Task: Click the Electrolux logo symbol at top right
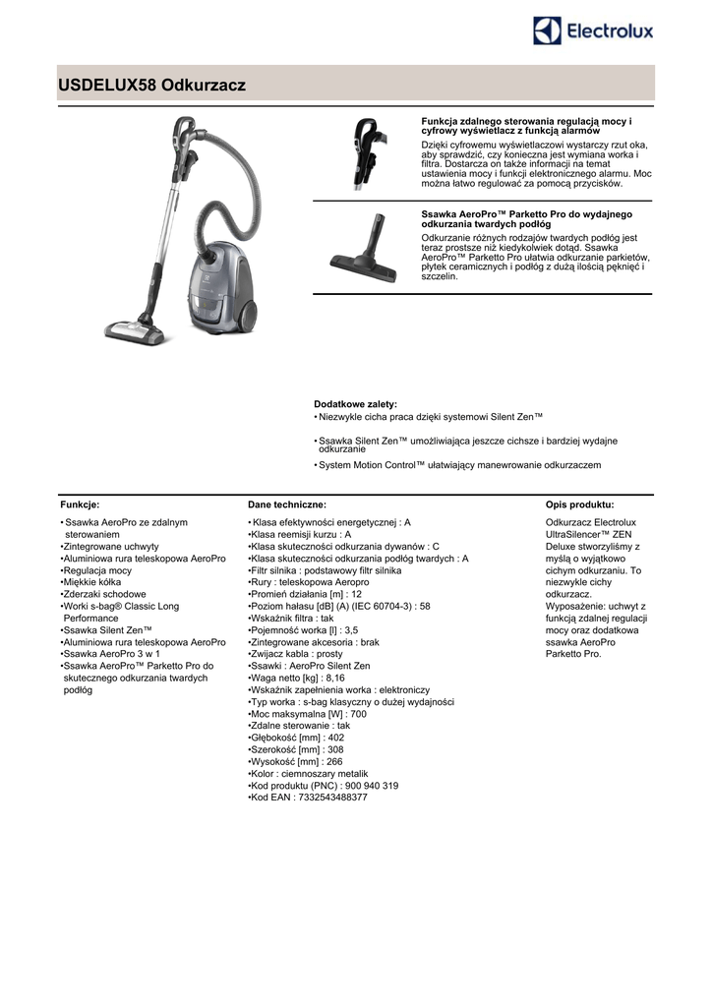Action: click(547, 30)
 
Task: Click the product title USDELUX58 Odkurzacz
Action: click(152, 86)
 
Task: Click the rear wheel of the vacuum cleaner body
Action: click(243, 312)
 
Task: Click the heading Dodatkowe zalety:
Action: click(355, 404)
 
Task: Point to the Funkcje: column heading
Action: click(80, 503)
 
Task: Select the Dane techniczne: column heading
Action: click(280, 503)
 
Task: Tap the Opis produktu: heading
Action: click(579, 503)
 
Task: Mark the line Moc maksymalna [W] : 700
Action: click(308, 714)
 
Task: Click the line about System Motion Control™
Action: click(459, 465)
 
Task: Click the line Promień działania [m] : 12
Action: click(306, 594)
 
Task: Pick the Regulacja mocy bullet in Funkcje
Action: click(97, 570)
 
